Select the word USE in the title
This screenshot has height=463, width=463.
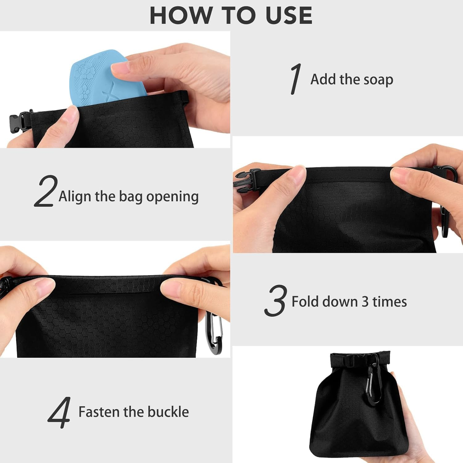(x=289, y=15)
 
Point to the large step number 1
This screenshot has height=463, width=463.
(x=296, y=79)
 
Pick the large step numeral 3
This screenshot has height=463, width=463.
(x=275, y=301)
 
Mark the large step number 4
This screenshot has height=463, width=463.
(x=59, y=412)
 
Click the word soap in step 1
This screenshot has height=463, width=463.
(x=378, y=80)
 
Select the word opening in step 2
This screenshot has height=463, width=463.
(x=172, y=197)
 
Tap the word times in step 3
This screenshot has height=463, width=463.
(x=390, y=302)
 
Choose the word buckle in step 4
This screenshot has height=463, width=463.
(x=168, y=412)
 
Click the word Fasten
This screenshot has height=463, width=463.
(x=99, y=412)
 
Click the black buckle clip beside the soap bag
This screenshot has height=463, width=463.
(x=19, y=122)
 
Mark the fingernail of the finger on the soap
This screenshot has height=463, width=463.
(x=120, y=68)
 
